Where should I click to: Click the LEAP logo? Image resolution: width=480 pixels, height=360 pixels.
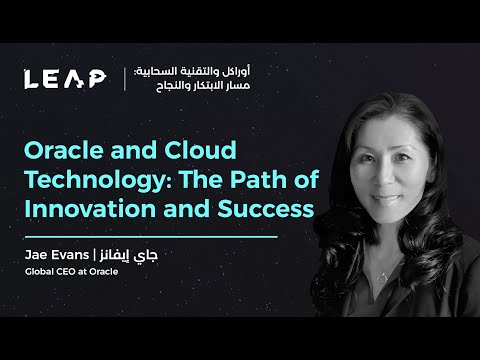tap(66, 78)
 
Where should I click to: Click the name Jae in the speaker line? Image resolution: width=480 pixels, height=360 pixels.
tap(38, 256)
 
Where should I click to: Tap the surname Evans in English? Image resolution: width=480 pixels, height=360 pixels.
tap(74, 256)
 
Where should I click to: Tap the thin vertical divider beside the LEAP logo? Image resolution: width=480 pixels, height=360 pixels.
tap(124, 78)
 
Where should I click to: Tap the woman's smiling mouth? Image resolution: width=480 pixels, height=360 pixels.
tap(375, 204)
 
